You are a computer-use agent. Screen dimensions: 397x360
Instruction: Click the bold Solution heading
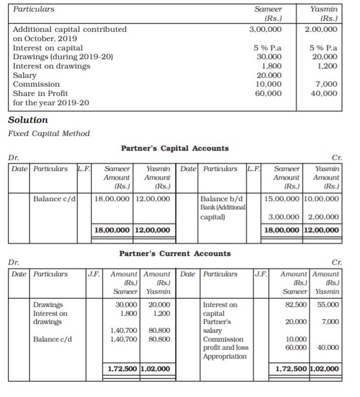pos(28,120)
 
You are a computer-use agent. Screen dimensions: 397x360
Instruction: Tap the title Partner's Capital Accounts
pos(175,148)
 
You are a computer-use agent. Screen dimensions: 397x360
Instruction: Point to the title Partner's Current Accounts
pos(175,254)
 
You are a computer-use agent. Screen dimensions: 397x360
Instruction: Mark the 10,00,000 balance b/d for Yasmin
pos(321,198)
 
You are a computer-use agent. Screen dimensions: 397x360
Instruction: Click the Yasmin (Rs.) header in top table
pos(323,14)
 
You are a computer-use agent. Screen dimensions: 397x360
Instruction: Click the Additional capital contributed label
pos(69,29)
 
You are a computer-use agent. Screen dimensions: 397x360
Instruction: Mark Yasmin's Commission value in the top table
pos(327,84)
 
